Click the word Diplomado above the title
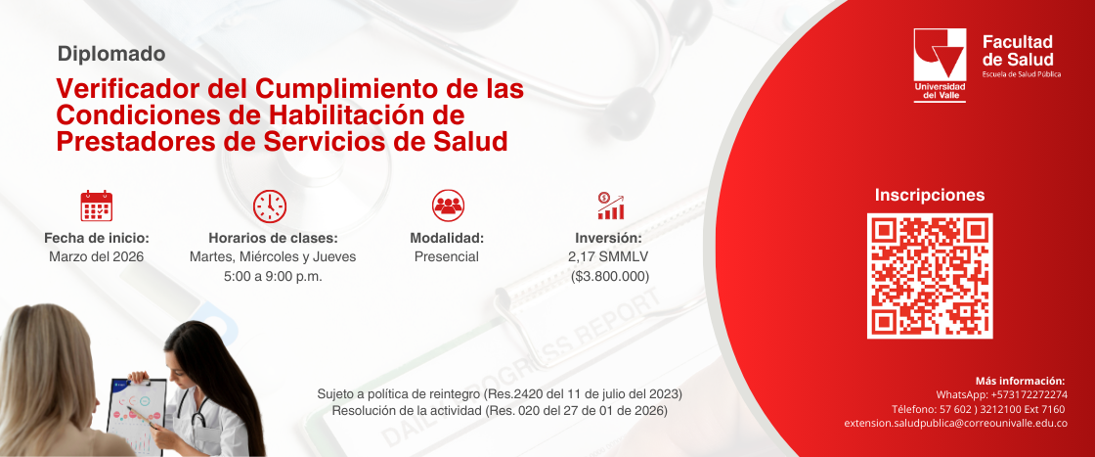(x=111, y=53)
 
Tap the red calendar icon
(x=97, y=206)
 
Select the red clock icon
(x=270, y=206)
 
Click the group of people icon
(x=448, y=206)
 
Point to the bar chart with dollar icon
(x=611, y=206)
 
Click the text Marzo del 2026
(x=97, y=256)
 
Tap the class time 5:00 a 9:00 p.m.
(x=273, y=276)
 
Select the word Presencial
(x=447, y=256)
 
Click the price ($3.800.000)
(x=610, y=276)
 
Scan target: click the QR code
(x=930, y=276)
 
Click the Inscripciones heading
(x=930, y=195)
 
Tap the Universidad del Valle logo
(x=940, y=66)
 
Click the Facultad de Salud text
(x=1018, y=50)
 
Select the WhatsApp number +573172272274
(x=1038, y=394)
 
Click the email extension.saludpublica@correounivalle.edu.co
(x=955, y=424)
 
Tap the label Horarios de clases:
(x=273, y=238)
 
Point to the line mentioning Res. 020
(x=500, y=411)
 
